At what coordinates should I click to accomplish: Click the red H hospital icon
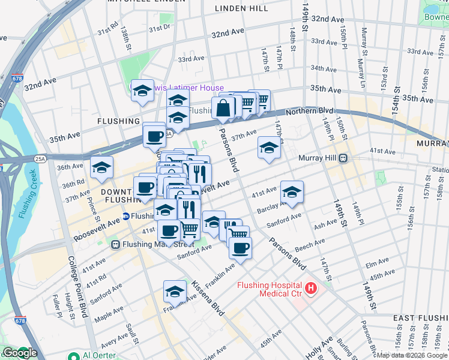[311, 289]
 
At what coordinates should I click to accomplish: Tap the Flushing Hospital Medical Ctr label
[271, 289]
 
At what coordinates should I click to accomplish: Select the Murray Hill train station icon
[343, 158]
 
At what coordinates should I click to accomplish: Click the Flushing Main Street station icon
[116, 244]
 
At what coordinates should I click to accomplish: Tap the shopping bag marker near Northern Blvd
[223, 109]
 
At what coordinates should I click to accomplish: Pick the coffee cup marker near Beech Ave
[240, 248]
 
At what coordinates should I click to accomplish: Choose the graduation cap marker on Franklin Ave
[175, 292]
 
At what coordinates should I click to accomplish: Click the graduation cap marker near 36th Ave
[102, 168]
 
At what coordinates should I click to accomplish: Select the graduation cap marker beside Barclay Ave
[292, 192]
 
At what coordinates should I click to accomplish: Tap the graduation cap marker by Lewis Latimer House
[142, 91]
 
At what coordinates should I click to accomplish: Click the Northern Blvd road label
[309, 111]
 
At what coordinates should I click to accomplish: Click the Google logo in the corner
[19, 353]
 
